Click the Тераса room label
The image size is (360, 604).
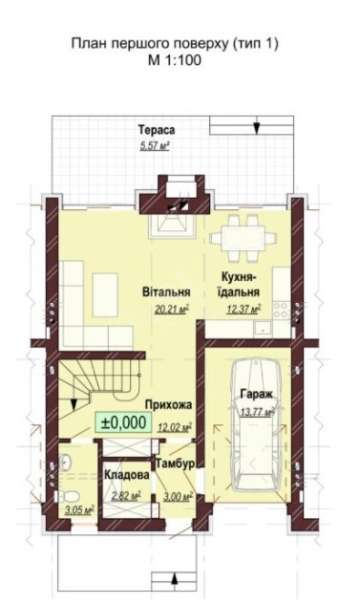click(157, 130)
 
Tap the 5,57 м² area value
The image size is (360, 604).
click(155, 146)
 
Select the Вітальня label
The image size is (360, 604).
click(166, 291)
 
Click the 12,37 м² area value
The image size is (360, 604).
click(244, 309)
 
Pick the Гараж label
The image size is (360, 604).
click(257, 394)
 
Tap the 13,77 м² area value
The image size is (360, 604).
click(257, 412)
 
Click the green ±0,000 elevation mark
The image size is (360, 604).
click(123, 422)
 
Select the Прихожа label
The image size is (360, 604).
click(168, 405)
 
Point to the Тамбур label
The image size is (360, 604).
click(175, 464)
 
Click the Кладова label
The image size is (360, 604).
click(127, 475)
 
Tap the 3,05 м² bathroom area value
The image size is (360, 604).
click(79, 510)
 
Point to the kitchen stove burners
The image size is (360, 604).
click(281, 310)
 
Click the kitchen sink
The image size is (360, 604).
click(263, 328)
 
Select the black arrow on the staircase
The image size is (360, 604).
click(74, 404)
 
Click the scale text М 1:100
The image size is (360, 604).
click(175, 60)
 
